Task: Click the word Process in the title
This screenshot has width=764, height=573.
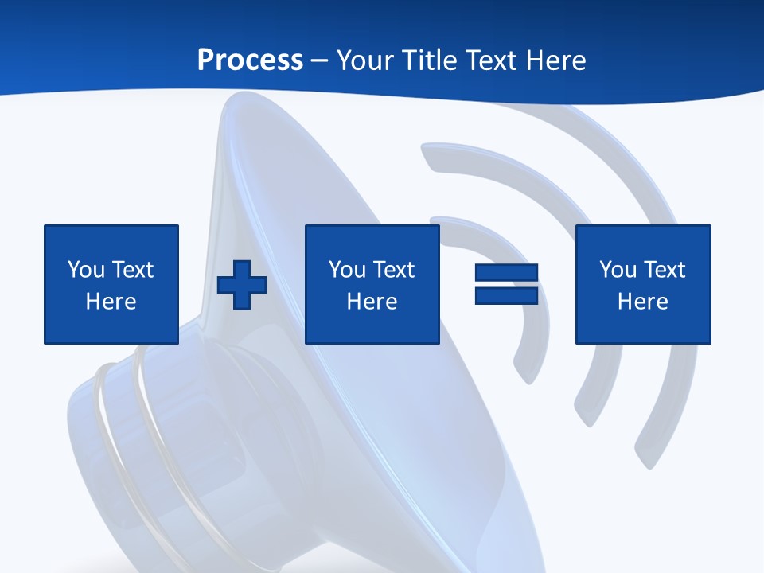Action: point(250,60)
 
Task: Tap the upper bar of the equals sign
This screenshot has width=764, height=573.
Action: point(506,273)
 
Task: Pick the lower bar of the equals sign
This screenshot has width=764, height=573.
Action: point(506,295)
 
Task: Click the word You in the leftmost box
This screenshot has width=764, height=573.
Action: point(86,270)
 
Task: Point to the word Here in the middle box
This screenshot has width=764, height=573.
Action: point(372,302)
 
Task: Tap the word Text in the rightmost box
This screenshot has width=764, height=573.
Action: point(665,270)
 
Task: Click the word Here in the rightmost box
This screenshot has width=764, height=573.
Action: point(643,302)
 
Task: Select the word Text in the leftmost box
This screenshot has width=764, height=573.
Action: point(133,270)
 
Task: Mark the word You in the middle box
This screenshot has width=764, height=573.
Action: point(347,270)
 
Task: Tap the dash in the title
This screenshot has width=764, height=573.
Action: point(320,61)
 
